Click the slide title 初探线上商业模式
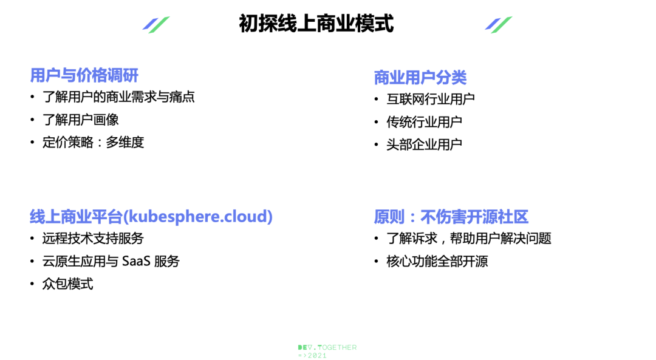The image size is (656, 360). point(316,24)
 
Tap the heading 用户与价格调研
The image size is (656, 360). point(84,75)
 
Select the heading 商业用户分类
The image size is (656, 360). point(420,77)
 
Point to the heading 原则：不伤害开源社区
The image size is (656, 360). point(451,217)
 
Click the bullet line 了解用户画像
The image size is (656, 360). point(80,120)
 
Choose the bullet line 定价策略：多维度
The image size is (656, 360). point(93,142)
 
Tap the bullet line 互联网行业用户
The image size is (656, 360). point(430,99)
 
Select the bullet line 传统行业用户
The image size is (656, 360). point(424,121)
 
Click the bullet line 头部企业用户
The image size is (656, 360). point(424,144)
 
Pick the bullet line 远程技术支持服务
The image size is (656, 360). point(93,239)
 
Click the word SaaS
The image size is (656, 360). point(136,261)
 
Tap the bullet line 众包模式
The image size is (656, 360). point(67,284)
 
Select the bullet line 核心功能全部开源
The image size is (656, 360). point(437,261)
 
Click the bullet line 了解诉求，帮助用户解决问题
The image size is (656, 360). point(468,239)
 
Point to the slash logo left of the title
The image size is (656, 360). point(156,25)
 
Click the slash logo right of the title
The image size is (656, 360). point(498,25)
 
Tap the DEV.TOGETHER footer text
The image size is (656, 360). point(327,347)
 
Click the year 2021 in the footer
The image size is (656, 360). point(317,355)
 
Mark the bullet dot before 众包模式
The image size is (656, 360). point(32,284)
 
